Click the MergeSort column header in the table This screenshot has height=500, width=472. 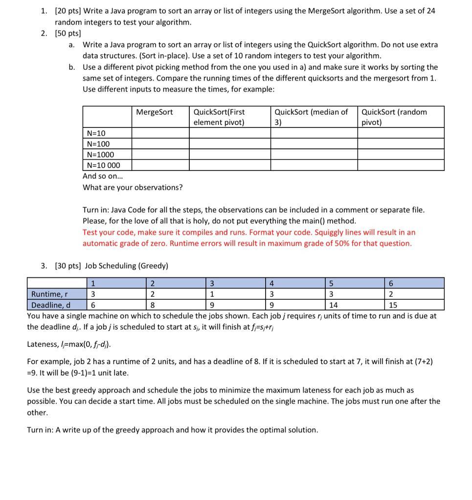154,112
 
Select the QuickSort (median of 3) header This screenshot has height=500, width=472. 311,117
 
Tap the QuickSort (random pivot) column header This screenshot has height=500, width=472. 394,117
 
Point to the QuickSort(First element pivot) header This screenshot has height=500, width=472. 219,117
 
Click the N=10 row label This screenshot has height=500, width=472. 96,133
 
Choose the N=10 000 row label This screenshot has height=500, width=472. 103,165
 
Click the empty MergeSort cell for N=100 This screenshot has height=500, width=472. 160,144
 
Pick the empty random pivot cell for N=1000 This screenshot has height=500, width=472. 400,154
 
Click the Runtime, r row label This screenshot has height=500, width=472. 49,294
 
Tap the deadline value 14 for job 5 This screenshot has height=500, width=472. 334,305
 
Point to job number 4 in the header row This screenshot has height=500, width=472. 271,283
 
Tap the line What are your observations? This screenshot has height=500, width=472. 133,187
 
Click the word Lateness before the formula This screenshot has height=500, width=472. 43,344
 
